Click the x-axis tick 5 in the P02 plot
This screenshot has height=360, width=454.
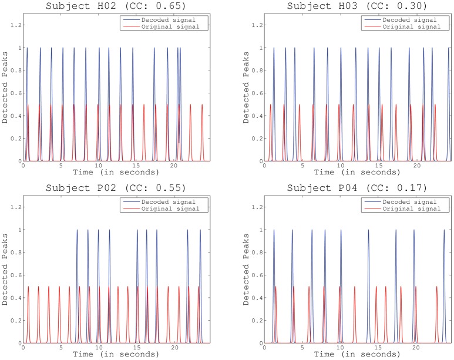pyautogui.click(x=60, y=349)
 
